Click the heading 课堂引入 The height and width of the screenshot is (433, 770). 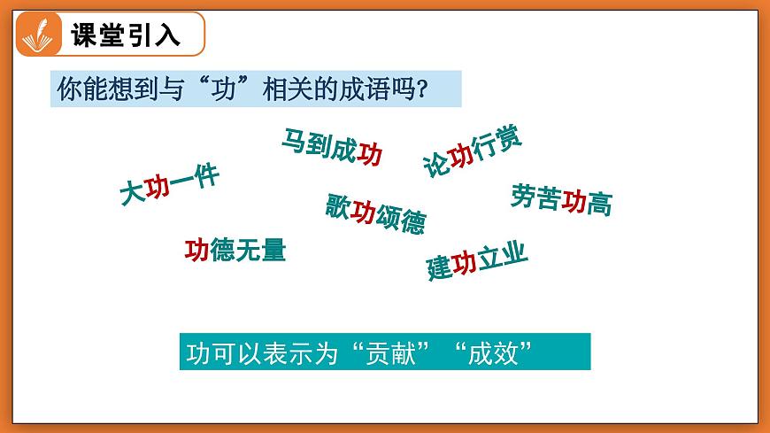125,35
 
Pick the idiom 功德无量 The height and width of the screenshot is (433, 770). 235,251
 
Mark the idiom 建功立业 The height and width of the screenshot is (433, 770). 477,260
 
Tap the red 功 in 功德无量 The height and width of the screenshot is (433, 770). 196,251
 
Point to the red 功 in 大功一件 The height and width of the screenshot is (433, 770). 157,189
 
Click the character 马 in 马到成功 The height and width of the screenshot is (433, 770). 293,140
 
